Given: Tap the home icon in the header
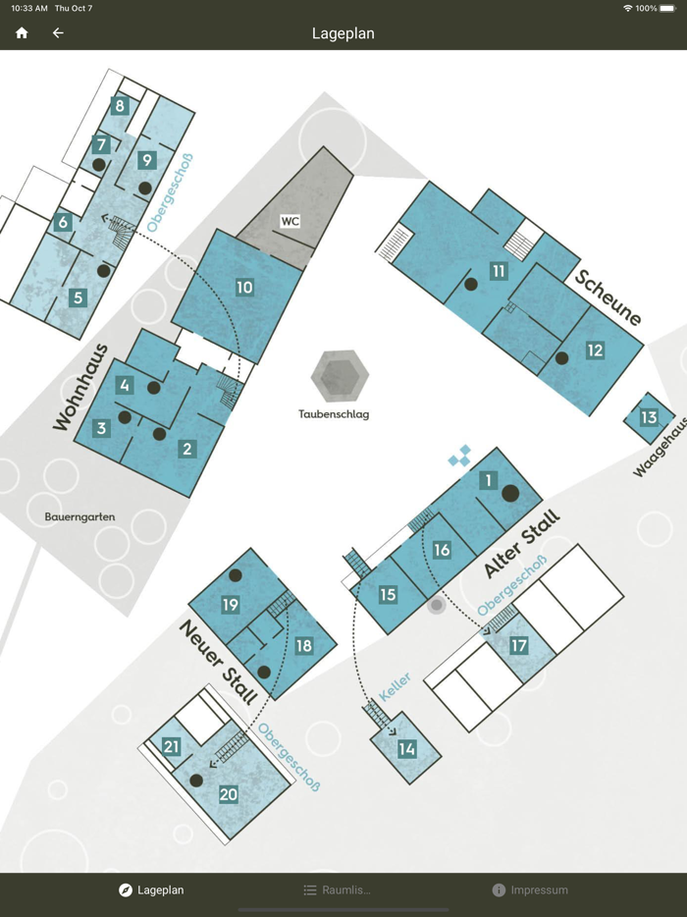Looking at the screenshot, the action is coord(22,32).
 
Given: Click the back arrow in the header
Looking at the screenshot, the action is coord(58,32).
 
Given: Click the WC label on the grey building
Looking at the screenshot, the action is coord(290,221).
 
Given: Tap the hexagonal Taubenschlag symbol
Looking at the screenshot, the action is coord(340,376).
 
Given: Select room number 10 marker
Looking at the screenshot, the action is coord(244,287).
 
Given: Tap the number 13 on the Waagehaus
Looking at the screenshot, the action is coord(649,417).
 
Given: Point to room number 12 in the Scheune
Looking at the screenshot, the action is coord(595,351).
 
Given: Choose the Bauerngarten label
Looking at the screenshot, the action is coord(80,517).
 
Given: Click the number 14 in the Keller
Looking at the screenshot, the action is coord(407,749).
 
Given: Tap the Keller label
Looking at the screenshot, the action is coord(396,687).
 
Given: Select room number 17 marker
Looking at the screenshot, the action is coord(518,646).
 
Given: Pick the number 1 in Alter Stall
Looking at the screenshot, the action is coord(488,481).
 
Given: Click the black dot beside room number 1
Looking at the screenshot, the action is coord(510,494).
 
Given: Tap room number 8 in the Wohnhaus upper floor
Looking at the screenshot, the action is coord(120,106).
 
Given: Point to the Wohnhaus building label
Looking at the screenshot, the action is coord(81,388).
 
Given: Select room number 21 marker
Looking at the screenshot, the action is coord(171,747).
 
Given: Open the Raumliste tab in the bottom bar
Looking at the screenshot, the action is coord(338,890).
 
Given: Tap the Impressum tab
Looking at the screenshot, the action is coord(530,890).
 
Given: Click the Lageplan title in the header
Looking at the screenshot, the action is coord(343,33).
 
